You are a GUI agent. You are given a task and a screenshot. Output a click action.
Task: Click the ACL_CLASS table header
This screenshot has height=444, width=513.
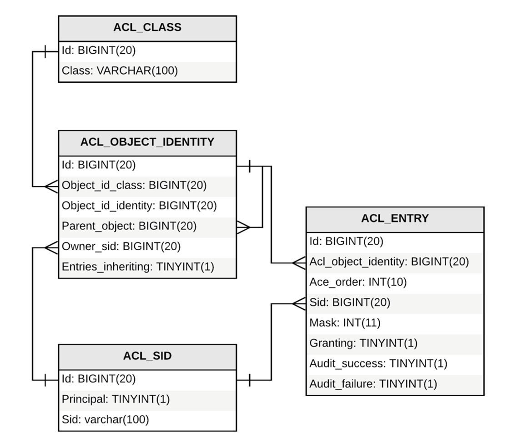[x=147, y=28]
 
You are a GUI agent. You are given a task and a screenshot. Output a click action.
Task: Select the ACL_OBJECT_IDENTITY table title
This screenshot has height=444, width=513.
[x=147, y=142]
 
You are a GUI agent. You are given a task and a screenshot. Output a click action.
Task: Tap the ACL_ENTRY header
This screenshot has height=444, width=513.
[x=395, y=219]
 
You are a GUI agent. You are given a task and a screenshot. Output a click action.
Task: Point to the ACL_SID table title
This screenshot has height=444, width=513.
[x=147, y=356]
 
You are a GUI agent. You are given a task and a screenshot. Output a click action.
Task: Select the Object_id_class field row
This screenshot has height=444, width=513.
[x=135, y=185]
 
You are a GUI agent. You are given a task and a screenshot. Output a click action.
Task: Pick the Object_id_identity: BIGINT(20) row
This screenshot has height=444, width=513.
[x=139, y=206]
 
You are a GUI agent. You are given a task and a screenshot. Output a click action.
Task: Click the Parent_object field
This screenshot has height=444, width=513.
[x=129, y=226]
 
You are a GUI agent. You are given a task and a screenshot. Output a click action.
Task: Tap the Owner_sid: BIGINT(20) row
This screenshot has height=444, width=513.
[x=121, y=247]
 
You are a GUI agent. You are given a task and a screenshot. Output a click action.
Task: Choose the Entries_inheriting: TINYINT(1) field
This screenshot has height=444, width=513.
[x=138, y=267]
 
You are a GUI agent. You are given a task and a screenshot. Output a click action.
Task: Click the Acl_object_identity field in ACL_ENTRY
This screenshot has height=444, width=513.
[x=389, y=262]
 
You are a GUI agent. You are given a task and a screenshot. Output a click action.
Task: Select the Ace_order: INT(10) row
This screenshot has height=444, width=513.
[x=358, y=283]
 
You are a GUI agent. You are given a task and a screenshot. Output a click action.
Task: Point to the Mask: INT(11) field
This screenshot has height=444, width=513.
[x=345, y=323]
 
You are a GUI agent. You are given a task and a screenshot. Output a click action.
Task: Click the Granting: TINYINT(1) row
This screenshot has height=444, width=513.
[x=363, y=343]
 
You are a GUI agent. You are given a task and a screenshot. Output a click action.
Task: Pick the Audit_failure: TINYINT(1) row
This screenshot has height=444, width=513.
[x=373, y=384]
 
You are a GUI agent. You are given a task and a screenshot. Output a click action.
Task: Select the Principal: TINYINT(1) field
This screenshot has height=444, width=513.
[x=116, y=399]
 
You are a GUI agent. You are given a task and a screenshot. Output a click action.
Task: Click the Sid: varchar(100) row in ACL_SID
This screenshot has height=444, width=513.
[x=106, y=419]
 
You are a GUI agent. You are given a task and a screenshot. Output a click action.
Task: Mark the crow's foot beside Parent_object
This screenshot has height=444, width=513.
[x=243, y=227]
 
